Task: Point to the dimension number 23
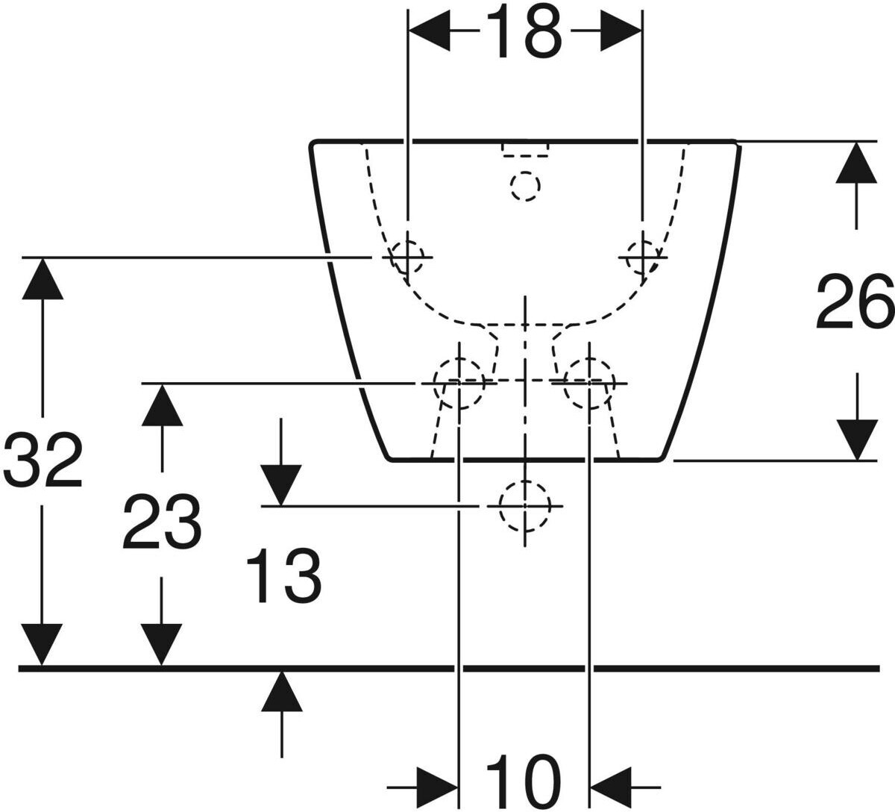coord(162,522)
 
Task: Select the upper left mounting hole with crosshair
coord(407,257)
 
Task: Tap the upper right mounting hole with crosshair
coord(641,257)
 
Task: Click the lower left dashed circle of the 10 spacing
coord(459,382)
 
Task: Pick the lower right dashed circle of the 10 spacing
coord(589,382)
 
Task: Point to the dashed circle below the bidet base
coord(525,506)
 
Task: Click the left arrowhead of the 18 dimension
coord(430,31)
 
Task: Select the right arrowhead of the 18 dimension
coord(621,31)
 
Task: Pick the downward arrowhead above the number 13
coord(280,486)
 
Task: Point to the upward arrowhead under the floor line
coord(281,690)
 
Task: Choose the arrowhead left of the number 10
coord(438,786)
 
